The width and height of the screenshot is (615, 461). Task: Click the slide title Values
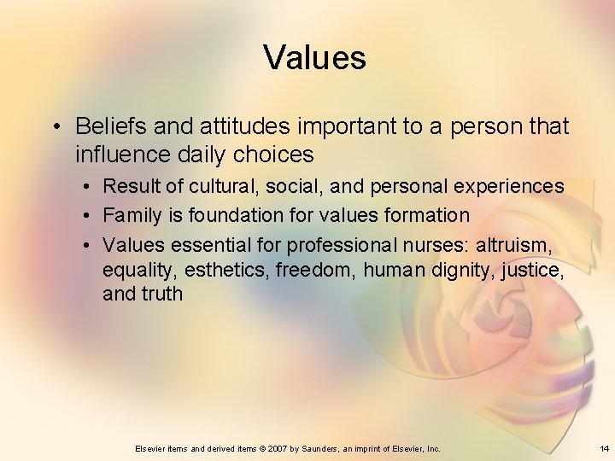pos(314,57)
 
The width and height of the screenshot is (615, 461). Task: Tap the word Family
pos(132,215)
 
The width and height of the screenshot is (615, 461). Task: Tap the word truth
pos(162,295)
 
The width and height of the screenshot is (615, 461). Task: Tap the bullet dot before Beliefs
pos(56,127)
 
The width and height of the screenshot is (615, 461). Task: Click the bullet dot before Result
pos(87,186)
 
